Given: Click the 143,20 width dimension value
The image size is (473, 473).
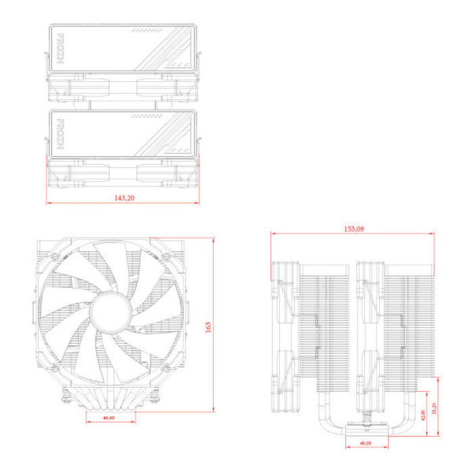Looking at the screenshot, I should click(124, 198).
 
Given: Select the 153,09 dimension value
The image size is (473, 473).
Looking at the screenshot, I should click(354, 229).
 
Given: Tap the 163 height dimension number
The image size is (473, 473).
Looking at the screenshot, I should click(209, 326).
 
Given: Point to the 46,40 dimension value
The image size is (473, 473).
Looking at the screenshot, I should click(107, 419).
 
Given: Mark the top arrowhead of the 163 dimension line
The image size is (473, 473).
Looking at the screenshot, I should click(213, 239).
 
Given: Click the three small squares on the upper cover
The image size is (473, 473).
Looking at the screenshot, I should click(182, 61).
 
